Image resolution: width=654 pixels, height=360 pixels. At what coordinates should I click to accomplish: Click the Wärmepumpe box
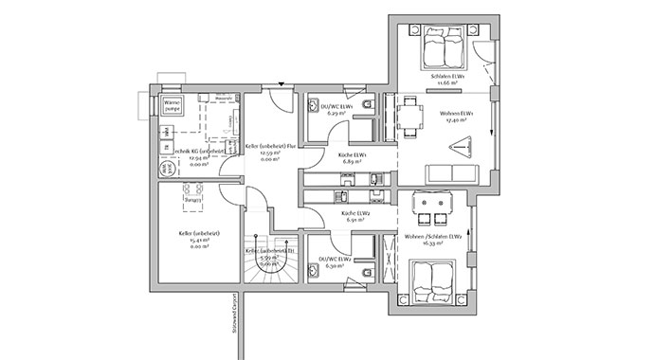(173, 106)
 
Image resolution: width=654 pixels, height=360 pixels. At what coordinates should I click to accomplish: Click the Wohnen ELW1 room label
(457, 114)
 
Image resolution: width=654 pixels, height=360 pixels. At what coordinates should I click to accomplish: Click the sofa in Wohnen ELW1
(451, 173)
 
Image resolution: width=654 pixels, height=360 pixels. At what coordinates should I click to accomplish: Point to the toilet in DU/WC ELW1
(365, 103)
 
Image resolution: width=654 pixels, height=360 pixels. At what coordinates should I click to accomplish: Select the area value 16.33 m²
(432, 243)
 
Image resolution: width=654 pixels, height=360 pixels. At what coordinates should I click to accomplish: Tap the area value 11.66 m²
(444, 82)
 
